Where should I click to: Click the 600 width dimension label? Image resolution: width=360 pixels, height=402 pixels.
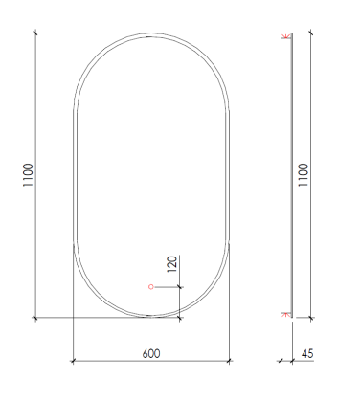tap(150, 353)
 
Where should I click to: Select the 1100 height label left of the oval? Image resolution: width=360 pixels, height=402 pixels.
tap(30, 176)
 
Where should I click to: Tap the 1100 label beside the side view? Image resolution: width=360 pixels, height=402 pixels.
tap(304, 176)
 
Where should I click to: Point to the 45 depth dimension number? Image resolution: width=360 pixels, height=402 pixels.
tap(306, 353)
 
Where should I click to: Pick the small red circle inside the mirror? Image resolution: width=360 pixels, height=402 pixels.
tap(150, 286)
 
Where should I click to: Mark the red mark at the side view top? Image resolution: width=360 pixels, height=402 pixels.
tap(284, 37)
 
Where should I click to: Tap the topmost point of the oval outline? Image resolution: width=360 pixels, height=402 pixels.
tap(150, 34)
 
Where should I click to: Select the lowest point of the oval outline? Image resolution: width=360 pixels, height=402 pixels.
tap(150, 316)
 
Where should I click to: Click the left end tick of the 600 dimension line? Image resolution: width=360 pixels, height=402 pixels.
tap(74, 362)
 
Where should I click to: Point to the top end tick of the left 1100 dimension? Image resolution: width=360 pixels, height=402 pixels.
tap(36, 34)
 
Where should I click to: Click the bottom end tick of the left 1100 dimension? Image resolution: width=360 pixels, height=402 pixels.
tap(36, 316)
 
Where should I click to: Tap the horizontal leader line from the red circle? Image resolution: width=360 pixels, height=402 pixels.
tap(167, 286)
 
